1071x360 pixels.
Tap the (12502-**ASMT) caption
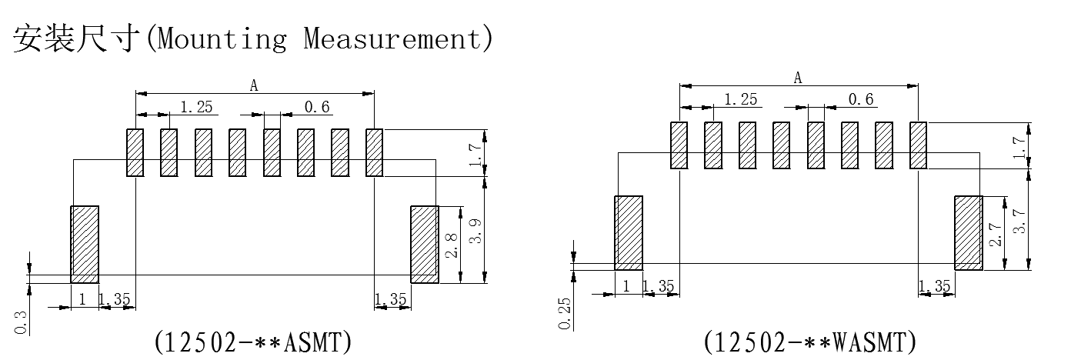coord(253,341)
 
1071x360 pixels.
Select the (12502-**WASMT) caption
coord(809,341)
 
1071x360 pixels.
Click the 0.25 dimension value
coord(565,314)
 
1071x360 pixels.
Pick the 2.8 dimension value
coord(451,244)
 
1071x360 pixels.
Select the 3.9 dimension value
coord(477,231)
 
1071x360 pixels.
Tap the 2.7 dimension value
coord(996,234)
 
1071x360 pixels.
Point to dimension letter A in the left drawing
coord(254,86)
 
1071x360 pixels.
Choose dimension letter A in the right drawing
coord(798,78)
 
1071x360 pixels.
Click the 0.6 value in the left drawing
coord(316,107)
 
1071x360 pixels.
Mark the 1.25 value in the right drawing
coord(741,99)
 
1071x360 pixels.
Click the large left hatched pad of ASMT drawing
coord(85,244)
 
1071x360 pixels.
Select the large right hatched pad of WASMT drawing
coord(969,233)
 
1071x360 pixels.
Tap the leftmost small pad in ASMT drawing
coord(135,152)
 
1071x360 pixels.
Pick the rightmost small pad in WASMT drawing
coord(919,145)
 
